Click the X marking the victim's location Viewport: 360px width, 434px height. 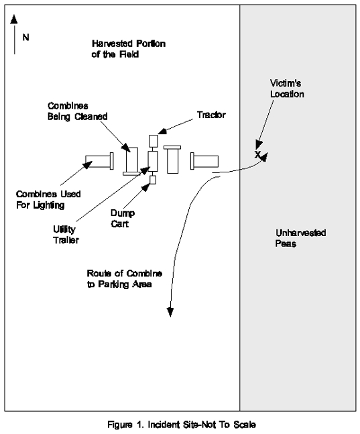pyautogui.click(x=257, y=154)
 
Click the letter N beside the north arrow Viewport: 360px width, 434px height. pyautogui.click(x=25, y=37)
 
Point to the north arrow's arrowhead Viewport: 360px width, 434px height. pyautogui.click(x=14, y=19)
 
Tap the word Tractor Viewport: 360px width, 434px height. pyautogui.click(x=211, y=115)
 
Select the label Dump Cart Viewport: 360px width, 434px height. pyautogui.click(x=123, y=218)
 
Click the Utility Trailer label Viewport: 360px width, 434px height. pyautogui.click(x=66, y=234)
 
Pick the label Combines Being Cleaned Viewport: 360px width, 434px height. pyautogui.click(x=78, y=111)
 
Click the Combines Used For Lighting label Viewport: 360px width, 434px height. pyautogui.click(x=48, y=199)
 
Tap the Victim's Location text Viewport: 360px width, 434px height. pyautogui.click(x=287, y=89)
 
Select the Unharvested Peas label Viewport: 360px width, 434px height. pyautogui.click(x=300, y=238)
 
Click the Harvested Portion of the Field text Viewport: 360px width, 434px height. pyautogui.click(x=129, y=49)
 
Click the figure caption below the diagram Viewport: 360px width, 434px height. pyautogui.click(x=182, y=425)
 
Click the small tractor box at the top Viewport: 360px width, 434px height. pyautogui.click(x=154, y=141)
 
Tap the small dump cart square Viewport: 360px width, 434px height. pyautogui.click(x=152, y=180)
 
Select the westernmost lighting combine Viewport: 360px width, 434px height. pyautogui.click(x=99, y=161)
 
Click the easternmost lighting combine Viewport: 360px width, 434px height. pyautogui.click(x=204, y=161)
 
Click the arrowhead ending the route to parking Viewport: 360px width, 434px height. pyautogui.click(x=170, y=312)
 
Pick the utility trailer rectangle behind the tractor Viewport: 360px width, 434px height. pyautogui.click(x=153, y=161)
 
